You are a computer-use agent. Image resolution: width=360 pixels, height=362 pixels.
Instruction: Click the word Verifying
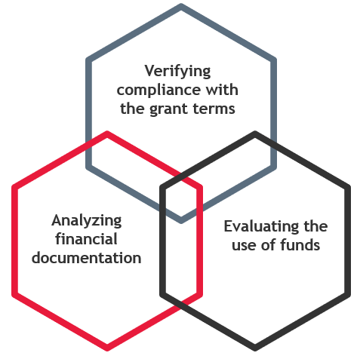click(177, 72)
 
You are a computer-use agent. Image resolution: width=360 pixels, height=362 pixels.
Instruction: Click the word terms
click(214, 109)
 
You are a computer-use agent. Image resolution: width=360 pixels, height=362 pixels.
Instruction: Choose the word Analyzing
click(87, 221)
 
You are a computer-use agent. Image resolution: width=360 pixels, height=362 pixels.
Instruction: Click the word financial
click(86, 239)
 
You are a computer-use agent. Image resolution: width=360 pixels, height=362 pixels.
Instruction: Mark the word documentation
click(86, 258)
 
